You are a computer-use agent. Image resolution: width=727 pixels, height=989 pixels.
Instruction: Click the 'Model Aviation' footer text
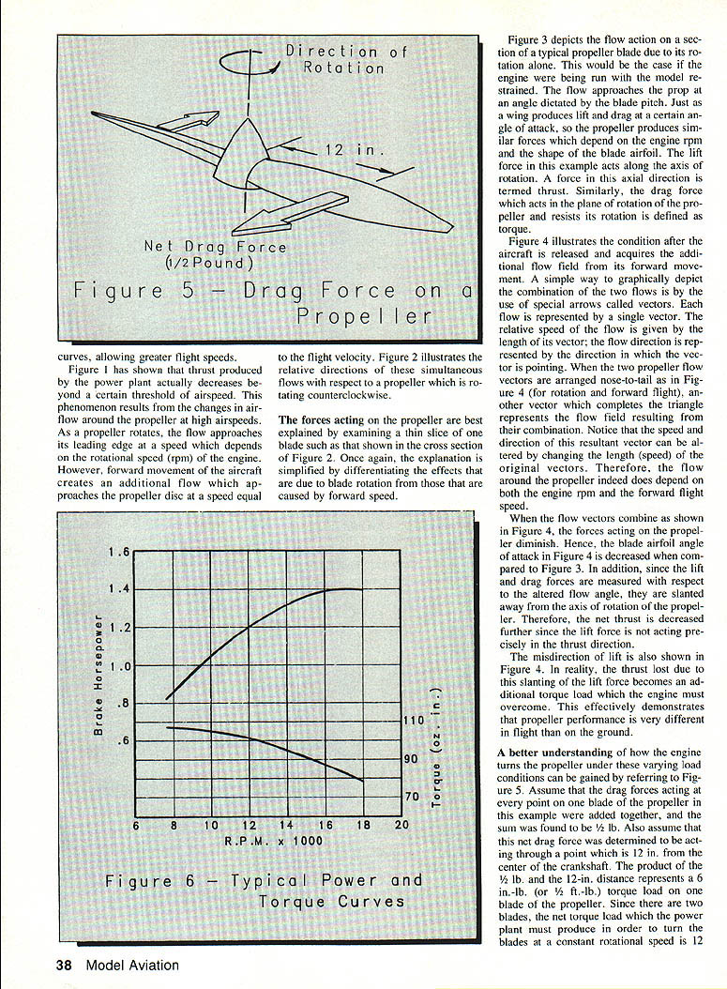[131, 965]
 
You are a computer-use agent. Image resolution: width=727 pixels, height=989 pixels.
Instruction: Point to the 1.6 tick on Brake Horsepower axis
[119, 552]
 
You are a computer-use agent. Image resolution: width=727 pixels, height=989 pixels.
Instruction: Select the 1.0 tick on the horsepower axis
[119, 666]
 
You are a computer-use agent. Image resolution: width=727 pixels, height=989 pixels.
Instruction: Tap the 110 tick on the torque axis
[414, 721]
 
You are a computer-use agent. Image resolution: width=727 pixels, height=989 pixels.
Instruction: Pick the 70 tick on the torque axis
[410, 798]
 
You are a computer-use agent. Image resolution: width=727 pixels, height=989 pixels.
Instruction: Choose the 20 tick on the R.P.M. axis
[402, 825]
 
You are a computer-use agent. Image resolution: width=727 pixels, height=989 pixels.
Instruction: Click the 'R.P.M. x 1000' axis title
[274, 841]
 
